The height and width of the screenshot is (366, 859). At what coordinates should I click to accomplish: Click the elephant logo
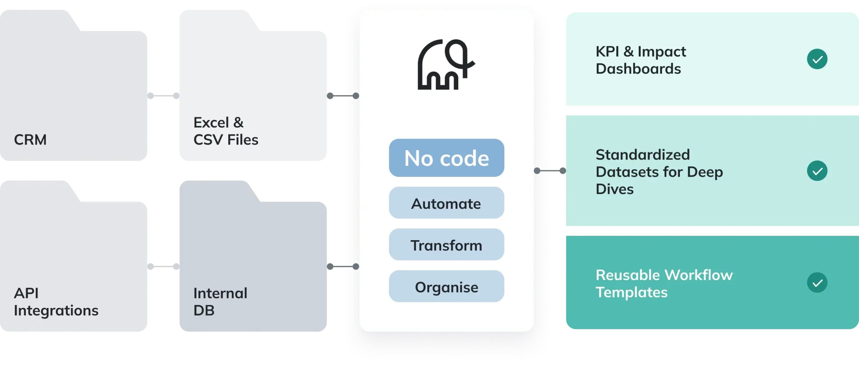[446, 64]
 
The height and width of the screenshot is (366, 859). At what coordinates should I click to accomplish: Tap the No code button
[446, 158]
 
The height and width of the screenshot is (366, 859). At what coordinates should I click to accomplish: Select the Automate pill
[446, 203]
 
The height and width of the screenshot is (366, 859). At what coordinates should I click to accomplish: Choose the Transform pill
[446, 245]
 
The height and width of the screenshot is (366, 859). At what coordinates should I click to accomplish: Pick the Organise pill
[446, 286]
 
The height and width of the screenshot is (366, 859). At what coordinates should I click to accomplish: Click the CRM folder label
[30, 140]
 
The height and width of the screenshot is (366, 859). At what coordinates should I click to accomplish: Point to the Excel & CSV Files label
[225, 131]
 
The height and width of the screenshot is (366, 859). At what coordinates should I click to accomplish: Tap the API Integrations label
[56, 302]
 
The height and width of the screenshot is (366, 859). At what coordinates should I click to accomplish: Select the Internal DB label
[220, 302]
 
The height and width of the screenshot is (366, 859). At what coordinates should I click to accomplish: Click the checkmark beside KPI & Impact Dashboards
[817, 59]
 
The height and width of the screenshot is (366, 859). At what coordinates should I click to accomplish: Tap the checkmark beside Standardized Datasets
[817, 171]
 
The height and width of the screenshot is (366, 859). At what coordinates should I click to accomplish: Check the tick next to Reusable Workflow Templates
[817, 283]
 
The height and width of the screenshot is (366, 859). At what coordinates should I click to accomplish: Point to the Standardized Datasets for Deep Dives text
[659, 172]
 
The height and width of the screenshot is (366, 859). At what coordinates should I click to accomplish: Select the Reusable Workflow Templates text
[664, 284]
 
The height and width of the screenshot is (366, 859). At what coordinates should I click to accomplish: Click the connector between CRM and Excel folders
[162, 96]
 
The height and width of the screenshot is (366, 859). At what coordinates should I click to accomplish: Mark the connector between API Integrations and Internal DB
[162, 267]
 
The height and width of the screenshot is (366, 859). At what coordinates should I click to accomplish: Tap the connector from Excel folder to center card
[343, 96]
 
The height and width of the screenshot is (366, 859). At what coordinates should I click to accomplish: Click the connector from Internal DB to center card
[343, 267]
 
